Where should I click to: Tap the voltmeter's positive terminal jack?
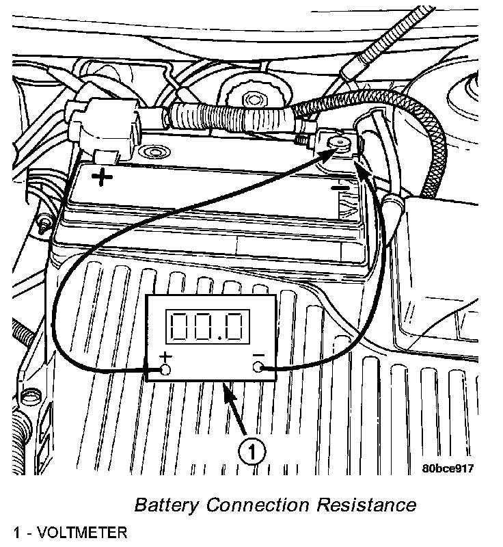[165, 370]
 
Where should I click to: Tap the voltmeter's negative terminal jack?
[258, 369]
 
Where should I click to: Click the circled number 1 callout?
[251, 452]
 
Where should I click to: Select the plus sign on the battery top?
[103, 178]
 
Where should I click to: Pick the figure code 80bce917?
[448, 469]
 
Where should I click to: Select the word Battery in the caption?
[167, 505]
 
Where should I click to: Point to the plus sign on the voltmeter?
[165, 356]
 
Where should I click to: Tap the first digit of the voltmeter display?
[182, 327]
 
